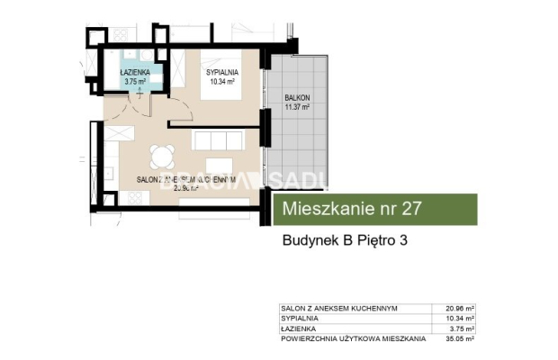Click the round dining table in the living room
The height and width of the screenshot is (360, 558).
click(162, 157)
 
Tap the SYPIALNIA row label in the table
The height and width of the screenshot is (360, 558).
click(296, 319)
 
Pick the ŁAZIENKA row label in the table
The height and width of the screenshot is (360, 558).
click(295, 329)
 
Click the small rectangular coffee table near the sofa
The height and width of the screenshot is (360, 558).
click(220, 166)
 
